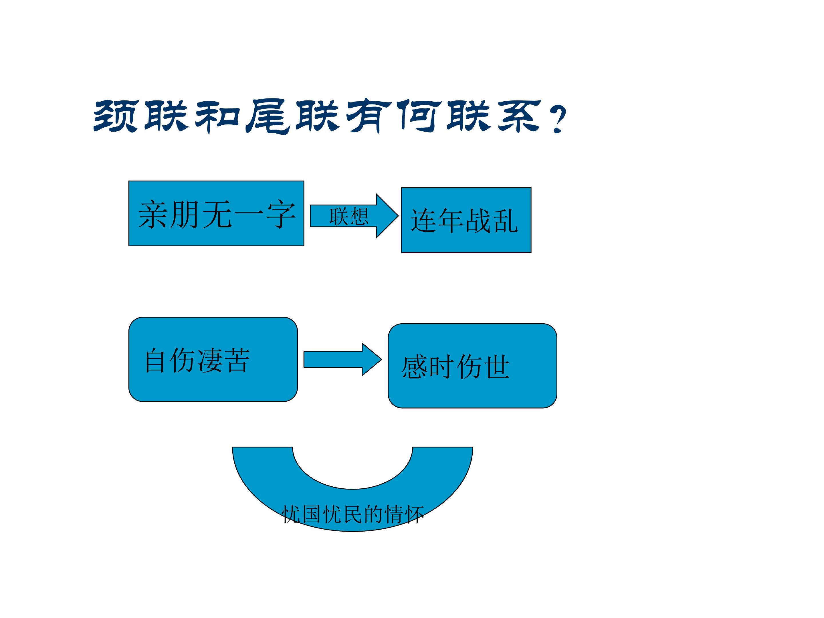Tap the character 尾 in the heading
pos(268,116)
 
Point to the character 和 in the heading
pos(217,116)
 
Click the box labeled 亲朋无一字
pos(216,213)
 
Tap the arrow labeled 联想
pos(354,216)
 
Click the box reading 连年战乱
pos(466,220)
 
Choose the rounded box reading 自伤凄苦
pos(213,359)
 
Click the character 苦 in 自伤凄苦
pos(238,360)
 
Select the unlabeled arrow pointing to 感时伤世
pos(343,359)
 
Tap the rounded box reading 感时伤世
pos(472,366)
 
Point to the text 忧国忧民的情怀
pos(353,514)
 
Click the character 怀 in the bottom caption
pos(414,514)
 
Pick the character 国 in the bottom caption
pos(312,514)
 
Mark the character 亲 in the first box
pos(153,214)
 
